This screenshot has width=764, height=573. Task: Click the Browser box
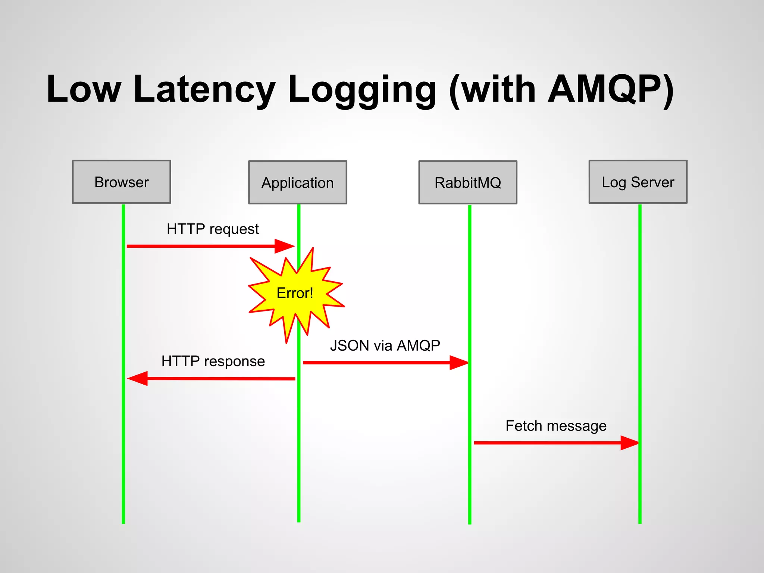121,182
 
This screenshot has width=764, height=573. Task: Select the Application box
297,182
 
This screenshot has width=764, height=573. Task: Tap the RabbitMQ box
467,182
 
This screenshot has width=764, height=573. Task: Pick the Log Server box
638,182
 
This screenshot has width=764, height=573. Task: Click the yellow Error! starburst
295,293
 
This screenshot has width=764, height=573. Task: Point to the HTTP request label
213,229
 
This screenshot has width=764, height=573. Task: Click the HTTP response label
213,361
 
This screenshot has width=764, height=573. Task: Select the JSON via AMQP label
385,345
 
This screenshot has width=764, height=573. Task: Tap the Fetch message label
556,426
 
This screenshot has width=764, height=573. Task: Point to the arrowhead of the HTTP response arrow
138,378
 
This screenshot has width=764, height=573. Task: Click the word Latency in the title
204,90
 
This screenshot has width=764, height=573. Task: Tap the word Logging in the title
362,90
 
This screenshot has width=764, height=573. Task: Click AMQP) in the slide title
611,90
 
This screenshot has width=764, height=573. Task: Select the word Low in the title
84,90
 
